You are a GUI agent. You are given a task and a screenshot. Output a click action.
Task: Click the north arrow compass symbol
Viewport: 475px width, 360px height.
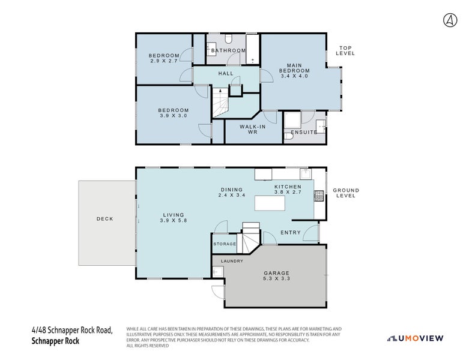click(450, 20)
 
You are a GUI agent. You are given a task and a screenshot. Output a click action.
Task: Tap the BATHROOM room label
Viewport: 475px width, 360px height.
click(228, 50)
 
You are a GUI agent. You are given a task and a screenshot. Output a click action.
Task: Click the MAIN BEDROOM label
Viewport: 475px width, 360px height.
click(294, 71)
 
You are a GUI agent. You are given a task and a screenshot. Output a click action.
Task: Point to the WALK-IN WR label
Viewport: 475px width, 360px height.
click(252, 130)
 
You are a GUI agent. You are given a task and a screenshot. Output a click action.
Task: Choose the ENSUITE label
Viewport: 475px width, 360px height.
click(303, 132)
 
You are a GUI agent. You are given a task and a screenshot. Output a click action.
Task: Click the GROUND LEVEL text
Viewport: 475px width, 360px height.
click(346, 193)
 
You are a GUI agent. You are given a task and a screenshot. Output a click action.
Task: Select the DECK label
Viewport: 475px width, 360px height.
click(105, 219)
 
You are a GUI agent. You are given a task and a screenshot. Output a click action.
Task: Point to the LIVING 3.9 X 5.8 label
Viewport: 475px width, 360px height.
click(173, 218)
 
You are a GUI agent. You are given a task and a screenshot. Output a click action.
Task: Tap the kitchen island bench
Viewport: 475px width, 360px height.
click(270, 203)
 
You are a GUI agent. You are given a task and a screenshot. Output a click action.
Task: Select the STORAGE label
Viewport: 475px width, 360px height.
click(225, 244)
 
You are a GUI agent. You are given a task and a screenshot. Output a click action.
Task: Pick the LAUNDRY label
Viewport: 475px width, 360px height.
click(232, 261)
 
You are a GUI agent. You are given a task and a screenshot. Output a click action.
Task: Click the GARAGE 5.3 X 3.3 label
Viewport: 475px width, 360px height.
click(276, 275)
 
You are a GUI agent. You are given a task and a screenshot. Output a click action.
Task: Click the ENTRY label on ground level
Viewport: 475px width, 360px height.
click(291, 233)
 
